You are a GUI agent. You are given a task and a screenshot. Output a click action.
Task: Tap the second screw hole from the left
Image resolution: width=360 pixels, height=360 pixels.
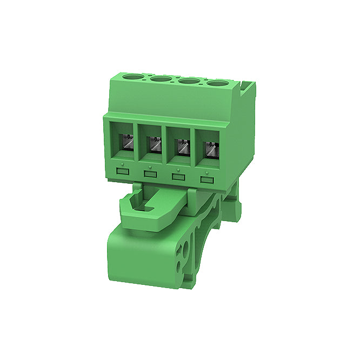161,80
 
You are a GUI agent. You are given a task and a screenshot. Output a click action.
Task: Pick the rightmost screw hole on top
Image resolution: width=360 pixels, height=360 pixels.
218,84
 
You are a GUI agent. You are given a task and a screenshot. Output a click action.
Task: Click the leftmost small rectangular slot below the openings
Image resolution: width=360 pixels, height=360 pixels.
123,171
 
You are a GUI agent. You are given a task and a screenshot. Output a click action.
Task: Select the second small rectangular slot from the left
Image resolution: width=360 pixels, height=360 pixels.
150,174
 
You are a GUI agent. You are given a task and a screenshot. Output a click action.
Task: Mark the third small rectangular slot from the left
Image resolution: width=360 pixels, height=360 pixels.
177,176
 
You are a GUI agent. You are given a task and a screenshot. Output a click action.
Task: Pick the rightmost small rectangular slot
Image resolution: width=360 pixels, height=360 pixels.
206,179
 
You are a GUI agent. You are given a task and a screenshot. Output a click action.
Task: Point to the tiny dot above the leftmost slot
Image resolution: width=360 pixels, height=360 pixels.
123,163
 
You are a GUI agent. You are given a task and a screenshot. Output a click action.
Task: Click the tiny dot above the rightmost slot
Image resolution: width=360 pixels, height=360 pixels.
206,170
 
